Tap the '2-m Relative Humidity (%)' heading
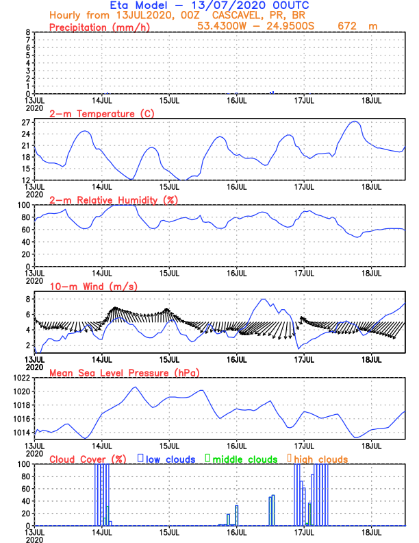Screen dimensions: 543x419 coord(113,200)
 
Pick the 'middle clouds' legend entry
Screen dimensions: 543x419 coord(244,459)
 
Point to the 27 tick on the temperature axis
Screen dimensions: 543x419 coord(26,123)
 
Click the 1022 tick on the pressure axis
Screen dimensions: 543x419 coord(21,378)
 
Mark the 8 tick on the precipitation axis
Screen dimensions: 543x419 coord(28,32)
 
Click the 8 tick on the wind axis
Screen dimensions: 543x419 coord(28,299)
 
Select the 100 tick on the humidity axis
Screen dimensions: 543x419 coord(23,205)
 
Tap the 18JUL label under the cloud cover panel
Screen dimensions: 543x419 coord(371,531)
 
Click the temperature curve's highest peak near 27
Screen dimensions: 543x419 coord(354,121)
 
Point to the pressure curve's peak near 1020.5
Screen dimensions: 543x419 coord(135,387)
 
